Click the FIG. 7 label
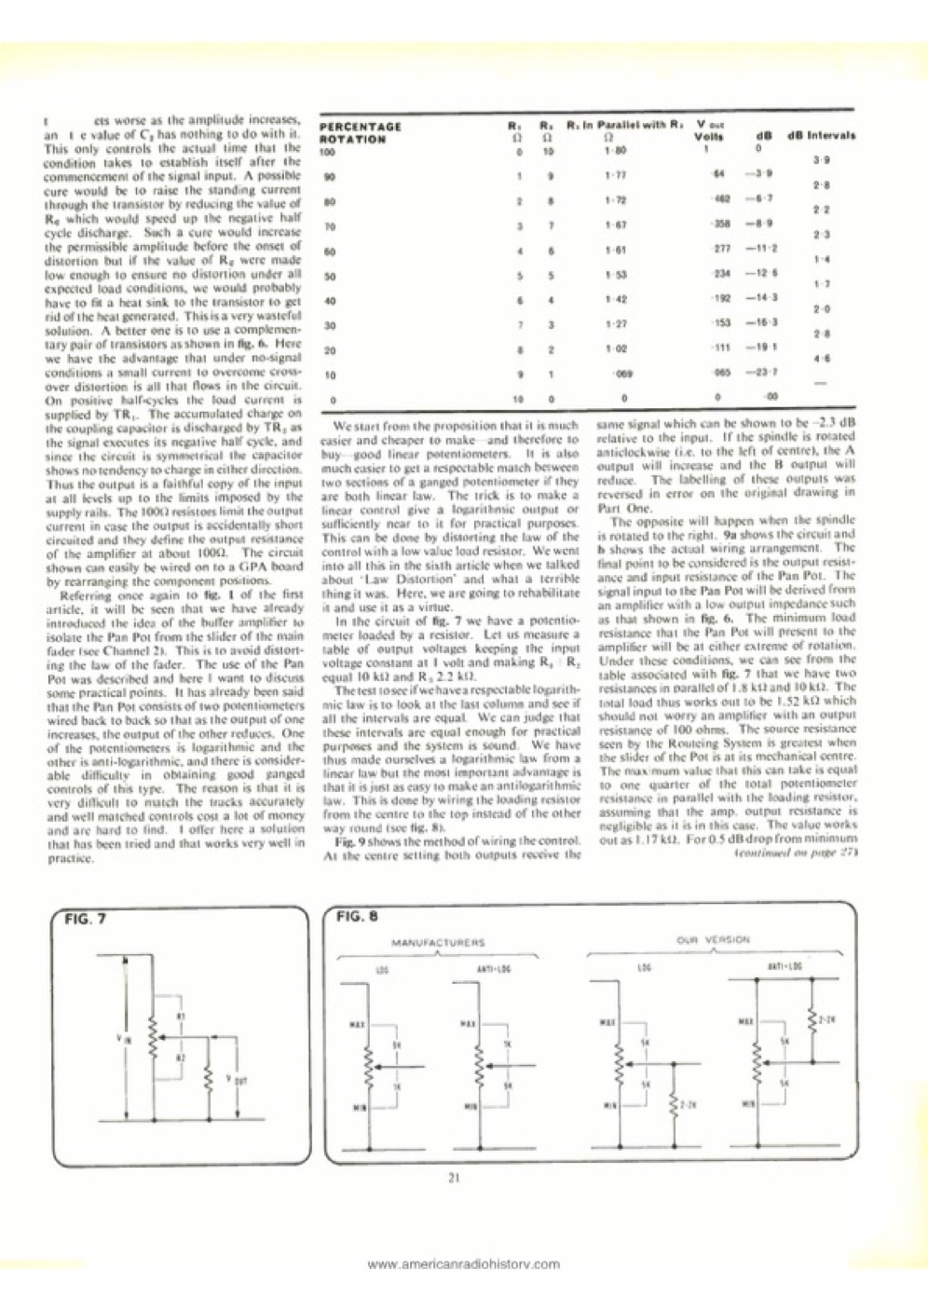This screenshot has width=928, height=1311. tap(85, 918)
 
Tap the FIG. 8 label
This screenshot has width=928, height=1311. tap(355, 917)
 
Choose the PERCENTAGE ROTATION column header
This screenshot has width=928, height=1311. tap(359, 132)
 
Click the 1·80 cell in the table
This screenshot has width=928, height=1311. tap(612, 150)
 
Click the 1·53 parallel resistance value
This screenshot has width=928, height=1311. tap(612, 274)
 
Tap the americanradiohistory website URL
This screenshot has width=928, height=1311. tap(464, 1264)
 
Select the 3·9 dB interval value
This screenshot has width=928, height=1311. tap(816, 160)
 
